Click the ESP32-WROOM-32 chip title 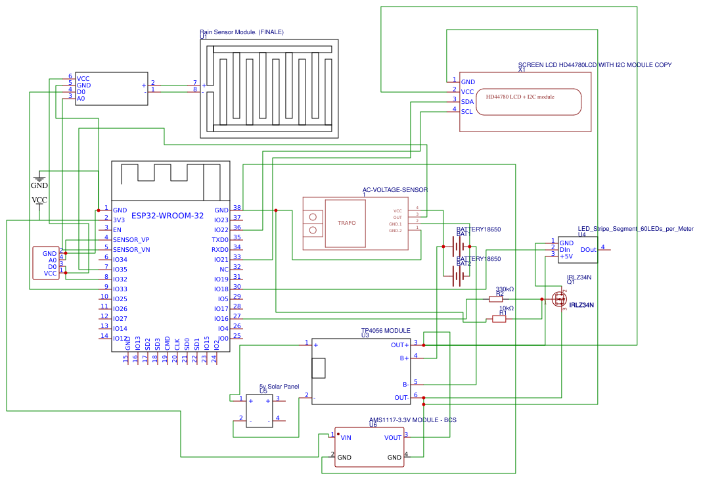click(x=168, y=216)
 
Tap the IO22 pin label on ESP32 click(x=221, y=230)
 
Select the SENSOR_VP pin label click(x=131, y=240)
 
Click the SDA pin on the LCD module click(x=467, y=102)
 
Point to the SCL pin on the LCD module click(x=466, y=112)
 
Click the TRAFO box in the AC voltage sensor click(x=346, y=224)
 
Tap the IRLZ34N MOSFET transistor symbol click(x=559, y=299)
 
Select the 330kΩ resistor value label click(x=505, y=289)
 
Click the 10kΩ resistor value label click(x=506, y=308)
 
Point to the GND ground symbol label click(x=39, y=186)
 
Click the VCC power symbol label click(x=39, y=200)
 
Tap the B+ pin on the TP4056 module click(x=404, y=358)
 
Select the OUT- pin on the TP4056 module click(x=401, y=398)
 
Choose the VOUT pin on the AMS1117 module click(x=393, y=437)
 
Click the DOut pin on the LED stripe click(x=589, y=250)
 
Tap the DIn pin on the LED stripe click(x=565, y=250)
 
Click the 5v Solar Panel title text click(x=279, y=387)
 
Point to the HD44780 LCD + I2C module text click(x=520, y=97)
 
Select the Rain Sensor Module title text click(x=242, y=32)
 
